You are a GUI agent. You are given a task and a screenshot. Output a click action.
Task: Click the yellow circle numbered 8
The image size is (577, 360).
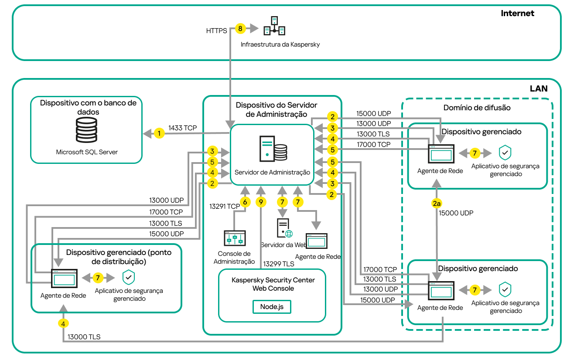point(240,29)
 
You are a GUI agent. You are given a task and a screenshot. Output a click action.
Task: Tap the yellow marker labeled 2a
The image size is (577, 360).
point(437,203)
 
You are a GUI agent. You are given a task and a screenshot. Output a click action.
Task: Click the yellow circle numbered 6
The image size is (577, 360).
point(245,202)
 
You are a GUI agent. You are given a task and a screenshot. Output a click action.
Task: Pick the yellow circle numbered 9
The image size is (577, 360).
point(261,202)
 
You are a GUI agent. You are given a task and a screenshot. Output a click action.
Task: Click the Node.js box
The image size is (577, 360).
point(272,306)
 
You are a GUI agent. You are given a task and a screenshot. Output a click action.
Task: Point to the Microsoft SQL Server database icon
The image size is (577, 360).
point(86,130)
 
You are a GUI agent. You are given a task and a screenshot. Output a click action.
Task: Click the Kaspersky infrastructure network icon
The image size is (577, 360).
point(274,26)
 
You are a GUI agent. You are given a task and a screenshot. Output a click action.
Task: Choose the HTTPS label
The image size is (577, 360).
point(217,31)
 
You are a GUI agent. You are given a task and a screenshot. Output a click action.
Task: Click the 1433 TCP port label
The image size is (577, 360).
point(182,128)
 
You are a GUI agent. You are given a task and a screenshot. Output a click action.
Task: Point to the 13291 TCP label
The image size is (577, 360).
point(224,206)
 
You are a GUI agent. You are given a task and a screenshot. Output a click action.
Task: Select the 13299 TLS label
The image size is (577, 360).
point(278,264)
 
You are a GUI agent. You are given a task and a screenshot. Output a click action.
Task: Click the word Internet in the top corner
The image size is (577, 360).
point(517,13)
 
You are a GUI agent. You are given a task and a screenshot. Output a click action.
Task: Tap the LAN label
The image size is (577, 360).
point(538,88)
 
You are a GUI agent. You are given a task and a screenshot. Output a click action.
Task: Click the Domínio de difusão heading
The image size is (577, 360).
point(477,108)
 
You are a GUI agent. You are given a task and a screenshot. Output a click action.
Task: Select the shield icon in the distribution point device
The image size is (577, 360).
point(128,277)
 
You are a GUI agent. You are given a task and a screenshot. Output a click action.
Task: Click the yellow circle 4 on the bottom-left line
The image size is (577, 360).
point(64,323)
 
